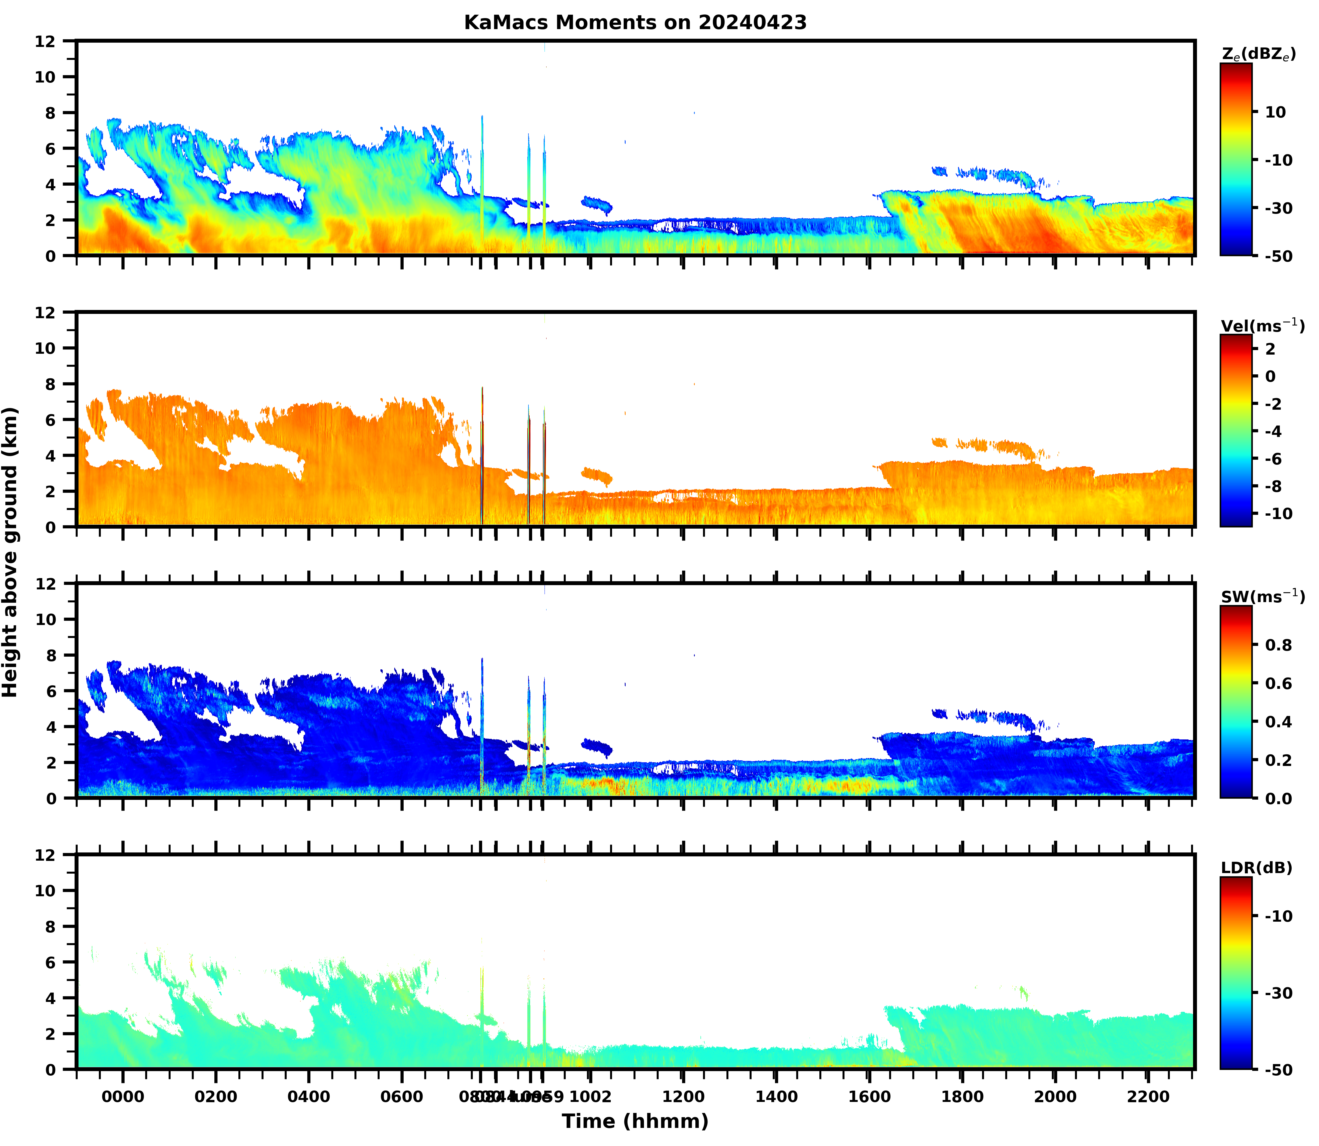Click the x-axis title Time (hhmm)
(635, 1121)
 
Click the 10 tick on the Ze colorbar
(1275, 112)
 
